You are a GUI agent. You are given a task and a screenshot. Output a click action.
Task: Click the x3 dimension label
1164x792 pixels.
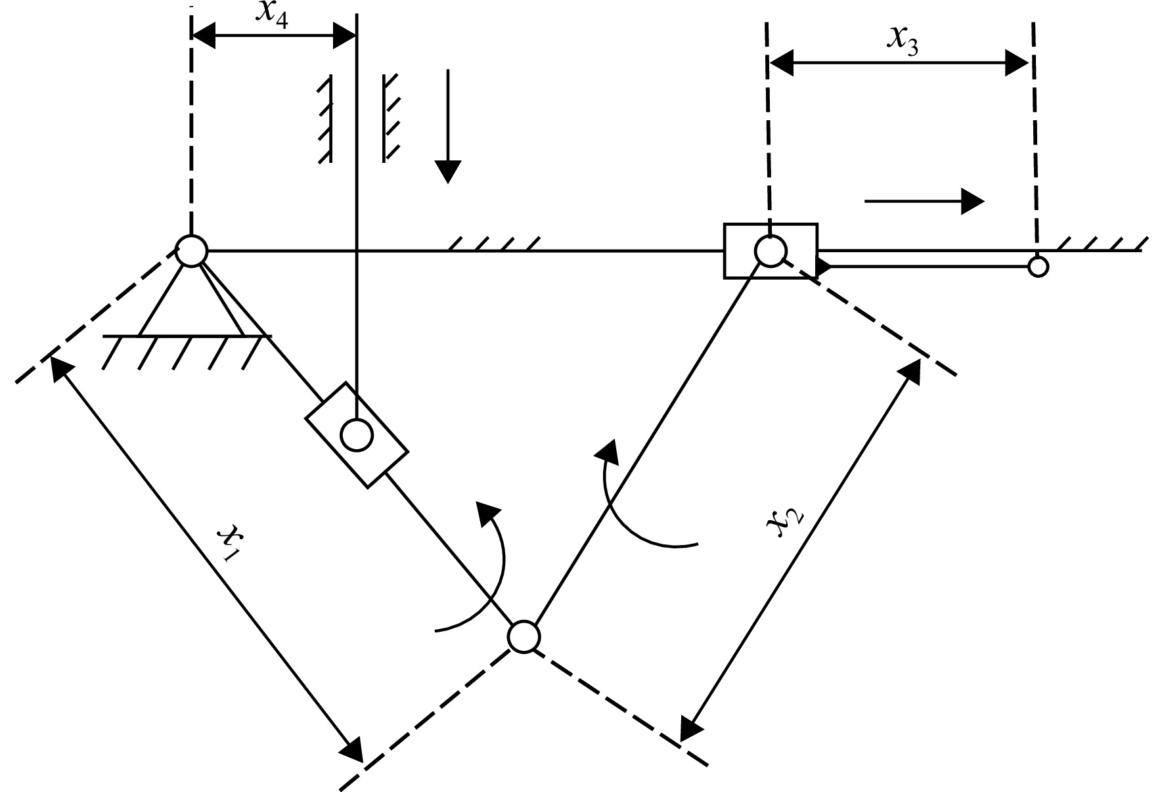903,40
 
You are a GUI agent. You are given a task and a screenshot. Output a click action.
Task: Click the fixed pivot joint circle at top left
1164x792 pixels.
191,250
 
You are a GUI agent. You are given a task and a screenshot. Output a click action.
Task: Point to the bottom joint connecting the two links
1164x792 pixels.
524,637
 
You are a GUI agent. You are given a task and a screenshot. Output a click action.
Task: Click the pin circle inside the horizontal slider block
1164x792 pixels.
771,250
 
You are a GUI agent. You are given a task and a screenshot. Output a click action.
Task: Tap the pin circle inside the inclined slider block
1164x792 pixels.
357,435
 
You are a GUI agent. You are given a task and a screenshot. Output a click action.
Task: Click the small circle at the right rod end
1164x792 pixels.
1038,267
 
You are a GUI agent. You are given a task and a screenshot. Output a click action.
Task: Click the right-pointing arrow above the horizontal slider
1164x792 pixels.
925,201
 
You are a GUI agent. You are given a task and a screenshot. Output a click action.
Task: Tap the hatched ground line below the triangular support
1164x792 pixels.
187,351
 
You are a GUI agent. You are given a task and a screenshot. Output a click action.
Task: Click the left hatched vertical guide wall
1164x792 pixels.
325,119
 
